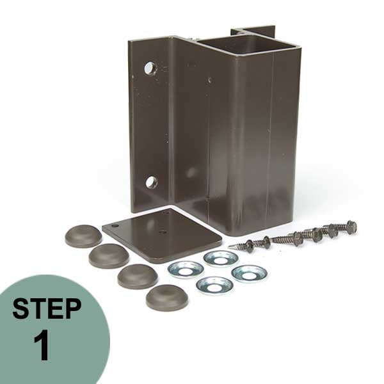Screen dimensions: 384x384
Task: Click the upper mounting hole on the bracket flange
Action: coord(150,68)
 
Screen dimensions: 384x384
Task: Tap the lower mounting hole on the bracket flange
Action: coord(151,182)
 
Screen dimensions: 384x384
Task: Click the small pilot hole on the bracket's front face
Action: coord(209,80)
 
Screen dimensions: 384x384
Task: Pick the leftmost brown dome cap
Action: coord(83,236)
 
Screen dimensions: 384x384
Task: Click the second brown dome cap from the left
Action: coord(108,256)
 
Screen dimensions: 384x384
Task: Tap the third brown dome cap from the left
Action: coord(137,276)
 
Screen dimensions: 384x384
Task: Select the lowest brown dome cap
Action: coord(166,297)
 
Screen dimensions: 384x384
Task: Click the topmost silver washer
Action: coord(221,258)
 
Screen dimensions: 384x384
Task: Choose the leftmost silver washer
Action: coord(186,269)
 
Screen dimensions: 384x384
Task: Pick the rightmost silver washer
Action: coord(249,273)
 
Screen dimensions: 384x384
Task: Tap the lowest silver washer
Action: coord(214,285)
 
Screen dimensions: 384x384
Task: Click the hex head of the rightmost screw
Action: coord(351,226)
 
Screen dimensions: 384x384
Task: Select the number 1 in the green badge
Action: coord(42,346)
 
